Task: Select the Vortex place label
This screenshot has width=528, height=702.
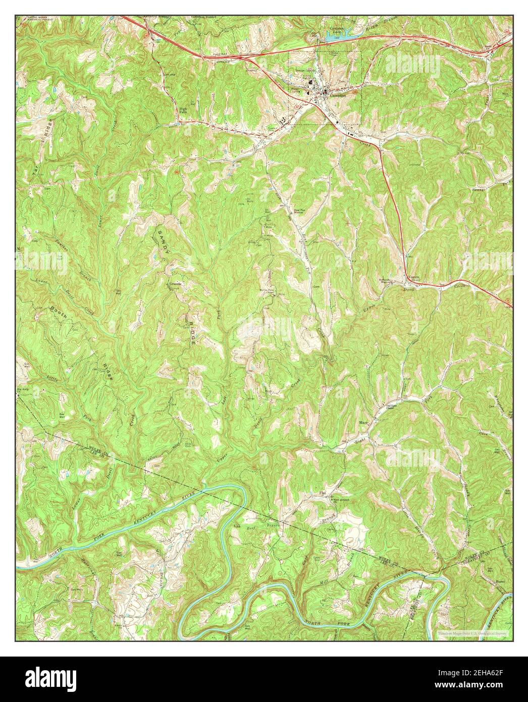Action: click(x=414, y=278)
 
